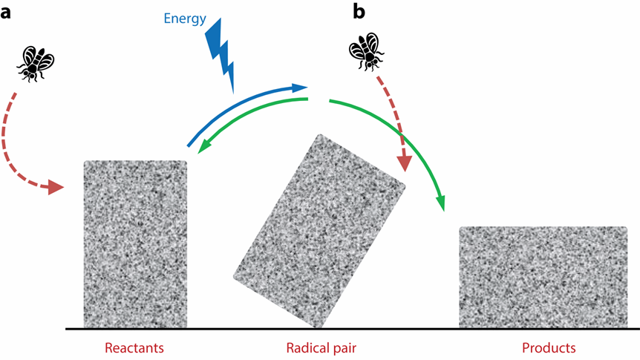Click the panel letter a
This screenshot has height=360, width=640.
pyautogui.click(x=6, y=13)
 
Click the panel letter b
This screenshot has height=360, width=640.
pyautogui.click(x=359, y=11)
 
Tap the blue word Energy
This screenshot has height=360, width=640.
pyautogui.click(x=185, y=19)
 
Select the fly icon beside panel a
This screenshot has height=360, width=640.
pyautogui.click(x=36, y=64)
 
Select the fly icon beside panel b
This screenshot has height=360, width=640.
pyautogui.click(x=367, y=52)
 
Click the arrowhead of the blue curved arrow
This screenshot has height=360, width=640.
pyautogui.click(x=301, y=87)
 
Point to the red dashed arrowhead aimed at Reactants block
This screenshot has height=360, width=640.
pyautogui.click(x=56, y=187)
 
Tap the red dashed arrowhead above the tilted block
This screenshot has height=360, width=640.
pyautogui.click(x=405, y=163)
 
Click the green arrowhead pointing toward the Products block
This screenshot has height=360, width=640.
pyautogui.click(x=441, y=203)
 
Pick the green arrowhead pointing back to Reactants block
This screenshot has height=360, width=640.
pyautogui.click(x=204, y=147)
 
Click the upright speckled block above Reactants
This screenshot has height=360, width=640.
pyautogui.click(x=136, y=244)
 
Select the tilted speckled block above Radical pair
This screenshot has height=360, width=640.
pyautogui.click(x=319, y=231)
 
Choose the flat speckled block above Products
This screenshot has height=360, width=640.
pyautogui.click(x=543, y=277)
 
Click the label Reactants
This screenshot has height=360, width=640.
pyautogui.click(x=134, y=348)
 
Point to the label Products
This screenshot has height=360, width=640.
pyautogui.click(x=549, y=348)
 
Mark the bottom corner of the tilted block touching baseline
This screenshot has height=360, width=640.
pyautogui.click(x=318, y=328)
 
